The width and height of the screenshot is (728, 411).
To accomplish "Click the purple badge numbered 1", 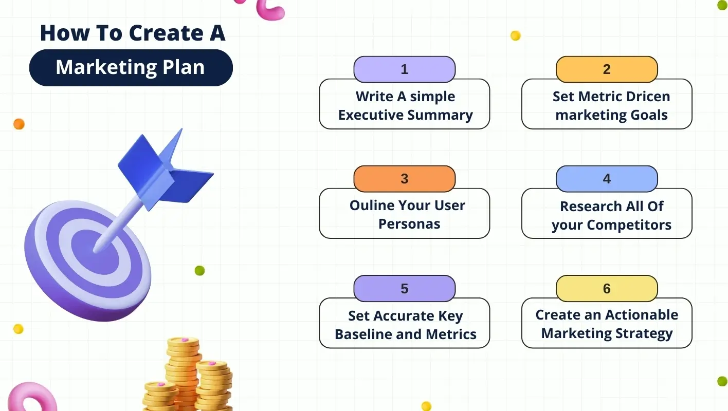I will (404, 69).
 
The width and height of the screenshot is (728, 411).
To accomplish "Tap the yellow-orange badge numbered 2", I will (607, 69).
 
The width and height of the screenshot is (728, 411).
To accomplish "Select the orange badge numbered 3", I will (404, 179).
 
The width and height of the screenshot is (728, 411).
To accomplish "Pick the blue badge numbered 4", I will (607, 179).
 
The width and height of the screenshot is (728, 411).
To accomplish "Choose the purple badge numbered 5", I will (404, 288).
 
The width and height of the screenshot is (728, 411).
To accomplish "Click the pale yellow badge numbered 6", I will (607, 288).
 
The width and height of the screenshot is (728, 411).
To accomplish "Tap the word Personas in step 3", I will (409, 224).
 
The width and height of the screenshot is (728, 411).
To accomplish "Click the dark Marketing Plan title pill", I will (131, 68).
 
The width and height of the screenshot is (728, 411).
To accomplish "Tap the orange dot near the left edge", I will (19, 124).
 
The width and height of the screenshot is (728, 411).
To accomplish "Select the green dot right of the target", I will (199, 271).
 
